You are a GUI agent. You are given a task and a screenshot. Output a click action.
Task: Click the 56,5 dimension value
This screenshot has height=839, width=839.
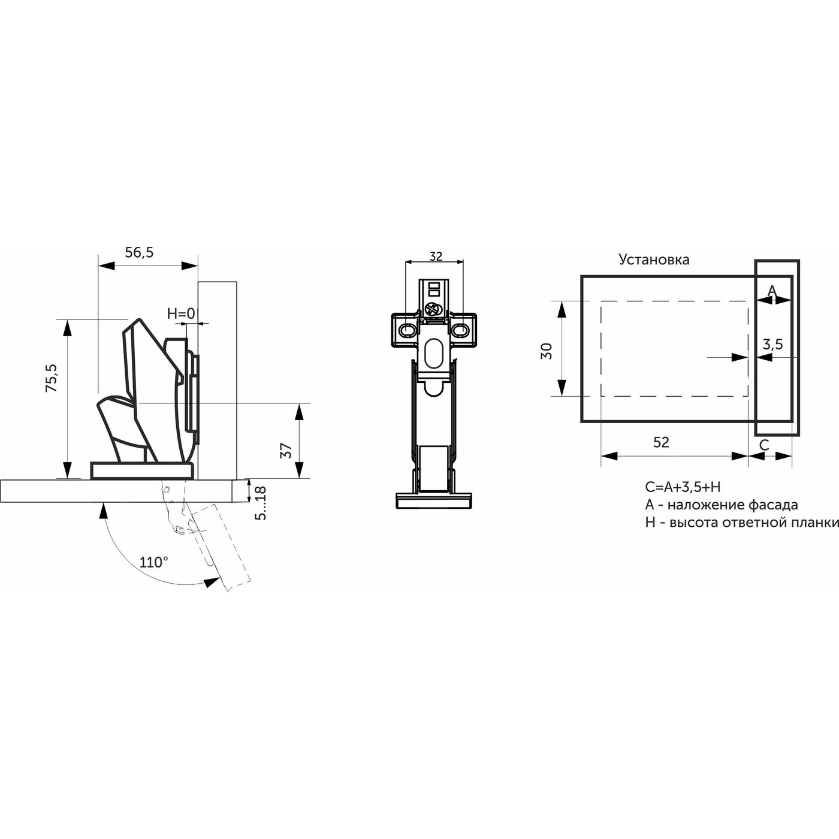click(x=139, y=252)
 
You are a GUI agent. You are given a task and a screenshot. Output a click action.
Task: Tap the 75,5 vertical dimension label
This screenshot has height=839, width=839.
click(x=52, y=378)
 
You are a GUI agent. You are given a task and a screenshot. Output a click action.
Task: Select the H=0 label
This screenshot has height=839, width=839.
click(x=180, y=313)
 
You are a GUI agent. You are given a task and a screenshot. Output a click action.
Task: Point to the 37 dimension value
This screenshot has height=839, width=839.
click(x=286, y=450)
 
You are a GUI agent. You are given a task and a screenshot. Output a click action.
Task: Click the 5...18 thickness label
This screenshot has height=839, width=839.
click(x=260, y=503)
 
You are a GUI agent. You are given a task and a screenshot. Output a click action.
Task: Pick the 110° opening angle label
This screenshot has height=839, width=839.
click(x=153, y=562)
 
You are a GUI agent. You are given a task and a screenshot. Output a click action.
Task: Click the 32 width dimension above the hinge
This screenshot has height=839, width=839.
click(x=436, y=256)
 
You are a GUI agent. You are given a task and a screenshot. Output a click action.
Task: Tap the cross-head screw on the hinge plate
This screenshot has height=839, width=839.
click(x=433, y=310)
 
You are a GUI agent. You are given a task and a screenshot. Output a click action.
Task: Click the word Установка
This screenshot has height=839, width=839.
click(x=654, y=259)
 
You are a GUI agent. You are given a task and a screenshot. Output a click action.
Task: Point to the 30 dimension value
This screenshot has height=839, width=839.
click(x=546, y=351)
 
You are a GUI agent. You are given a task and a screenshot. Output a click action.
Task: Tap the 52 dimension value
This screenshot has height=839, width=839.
click(x=660, y=442)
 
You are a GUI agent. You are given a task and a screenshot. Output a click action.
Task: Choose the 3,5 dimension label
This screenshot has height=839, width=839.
click(x=772, y=345)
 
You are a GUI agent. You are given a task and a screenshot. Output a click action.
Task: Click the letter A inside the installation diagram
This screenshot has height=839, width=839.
click(x=772, y=291)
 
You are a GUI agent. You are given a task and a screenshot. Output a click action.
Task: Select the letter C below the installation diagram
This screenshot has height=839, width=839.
click(x=764, y=445)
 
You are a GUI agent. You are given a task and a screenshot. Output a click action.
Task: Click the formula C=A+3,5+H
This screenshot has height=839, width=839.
click(x=683, y=487)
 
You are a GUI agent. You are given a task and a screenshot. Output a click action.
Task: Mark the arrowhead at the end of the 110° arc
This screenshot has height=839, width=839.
click(x=211, y=581)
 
